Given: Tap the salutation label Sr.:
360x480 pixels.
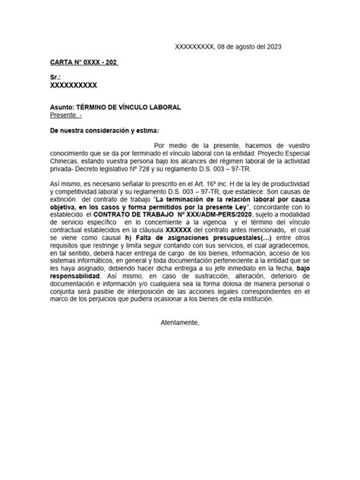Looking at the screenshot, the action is point(55,77).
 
